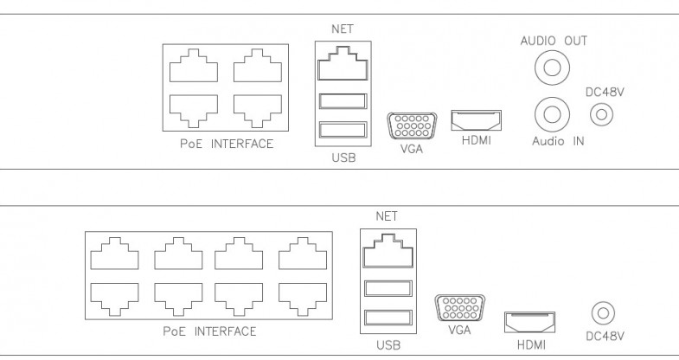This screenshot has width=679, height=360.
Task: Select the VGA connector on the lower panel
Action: click(x=458, y=309)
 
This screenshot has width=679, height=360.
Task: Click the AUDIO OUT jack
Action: click(x=552, y=66)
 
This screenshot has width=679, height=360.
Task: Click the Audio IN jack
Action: click(x=552, y=112)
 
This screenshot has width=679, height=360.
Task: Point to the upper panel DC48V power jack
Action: click(x=600, y=113)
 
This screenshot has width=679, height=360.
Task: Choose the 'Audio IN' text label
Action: click(x=558, y=141)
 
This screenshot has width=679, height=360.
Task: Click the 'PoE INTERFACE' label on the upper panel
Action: click(x=227, y=144)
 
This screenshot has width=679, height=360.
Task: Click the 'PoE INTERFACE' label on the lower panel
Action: click(x=209, y=331)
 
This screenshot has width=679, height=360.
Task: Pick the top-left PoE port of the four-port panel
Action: click(x=194, y=65)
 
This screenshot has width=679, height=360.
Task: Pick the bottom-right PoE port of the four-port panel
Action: click(x=257, y=106)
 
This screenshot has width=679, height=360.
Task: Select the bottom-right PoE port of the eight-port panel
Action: click(x=301, y=297)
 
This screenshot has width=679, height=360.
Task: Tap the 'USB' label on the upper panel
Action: click(x=343, y=159)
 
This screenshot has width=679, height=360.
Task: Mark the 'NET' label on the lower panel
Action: click(x=386, y=215)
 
